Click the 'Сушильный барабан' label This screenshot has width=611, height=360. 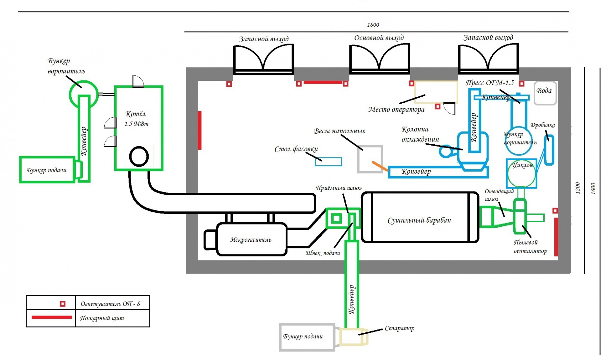click(x=419, y=220)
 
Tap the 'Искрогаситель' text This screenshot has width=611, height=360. click(x=251, y=239)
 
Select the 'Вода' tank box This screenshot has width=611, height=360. click(x=545, y=93)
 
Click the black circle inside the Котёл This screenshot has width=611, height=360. click(x=139, y=156)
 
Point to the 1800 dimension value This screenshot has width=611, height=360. click(x=373, y=24)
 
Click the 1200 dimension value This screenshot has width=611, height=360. click(x=578, y=188)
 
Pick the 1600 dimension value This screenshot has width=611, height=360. click(x=593, y=189)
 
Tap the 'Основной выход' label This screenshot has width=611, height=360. click(x=379, y=38)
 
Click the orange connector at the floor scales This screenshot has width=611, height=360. click(x=380, y=166)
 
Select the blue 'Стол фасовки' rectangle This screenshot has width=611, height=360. click(x=328, y=162)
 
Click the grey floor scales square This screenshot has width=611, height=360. click(x=370, y=159)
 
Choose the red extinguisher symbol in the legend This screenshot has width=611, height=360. click(x=63, y=304)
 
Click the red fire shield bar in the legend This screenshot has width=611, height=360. click(x=52, y=317)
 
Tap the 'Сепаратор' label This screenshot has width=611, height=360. click(x=399, y=328)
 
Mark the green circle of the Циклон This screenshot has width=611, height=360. click(x=521, y=174)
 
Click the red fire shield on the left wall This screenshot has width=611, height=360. click(x=200, y=130)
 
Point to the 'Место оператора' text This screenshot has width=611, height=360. click(x=396, y=109)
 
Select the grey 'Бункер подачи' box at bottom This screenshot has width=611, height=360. click(x=306, y=337)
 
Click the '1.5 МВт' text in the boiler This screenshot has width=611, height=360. click(x=136, y=124)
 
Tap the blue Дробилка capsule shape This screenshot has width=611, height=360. click(x=549, y=150)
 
